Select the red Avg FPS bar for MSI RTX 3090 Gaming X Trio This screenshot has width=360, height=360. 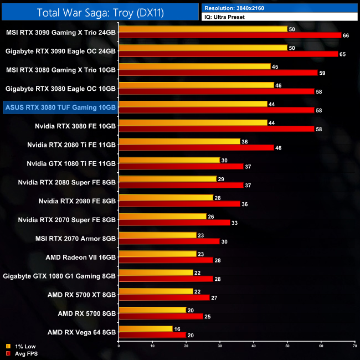(x=230, y=35)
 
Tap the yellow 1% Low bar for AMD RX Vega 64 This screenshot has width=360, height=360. (x=146, y=329)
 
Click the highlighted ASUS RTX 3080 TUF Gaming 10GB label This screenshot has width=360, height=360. (x=59, y=107)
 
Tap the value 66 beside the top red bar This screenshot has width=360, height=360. (x=347, y=35)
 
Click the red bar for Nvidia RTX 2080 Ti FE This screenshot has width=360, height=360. (x=197, y=148)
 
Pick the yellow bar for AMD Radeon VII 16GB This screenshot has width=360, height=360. (x=157, y=254)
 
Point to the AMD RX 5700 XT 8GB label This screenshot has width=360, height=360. (x=83, y=295)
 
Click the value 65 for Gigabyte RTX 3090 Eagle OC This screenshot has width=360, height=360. (x=343, y=54)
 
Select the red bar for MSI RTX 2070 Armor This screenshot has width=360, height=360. (x=169, y=241)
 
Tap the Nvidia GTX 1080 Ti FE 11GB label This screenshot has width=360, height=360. (x=71, y=163)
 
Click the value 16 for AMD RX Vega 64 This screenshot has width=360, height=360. (x=178, y=329)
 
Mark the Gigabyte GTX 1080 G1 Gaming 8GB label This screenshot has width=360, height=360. (x=59, y=276)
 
